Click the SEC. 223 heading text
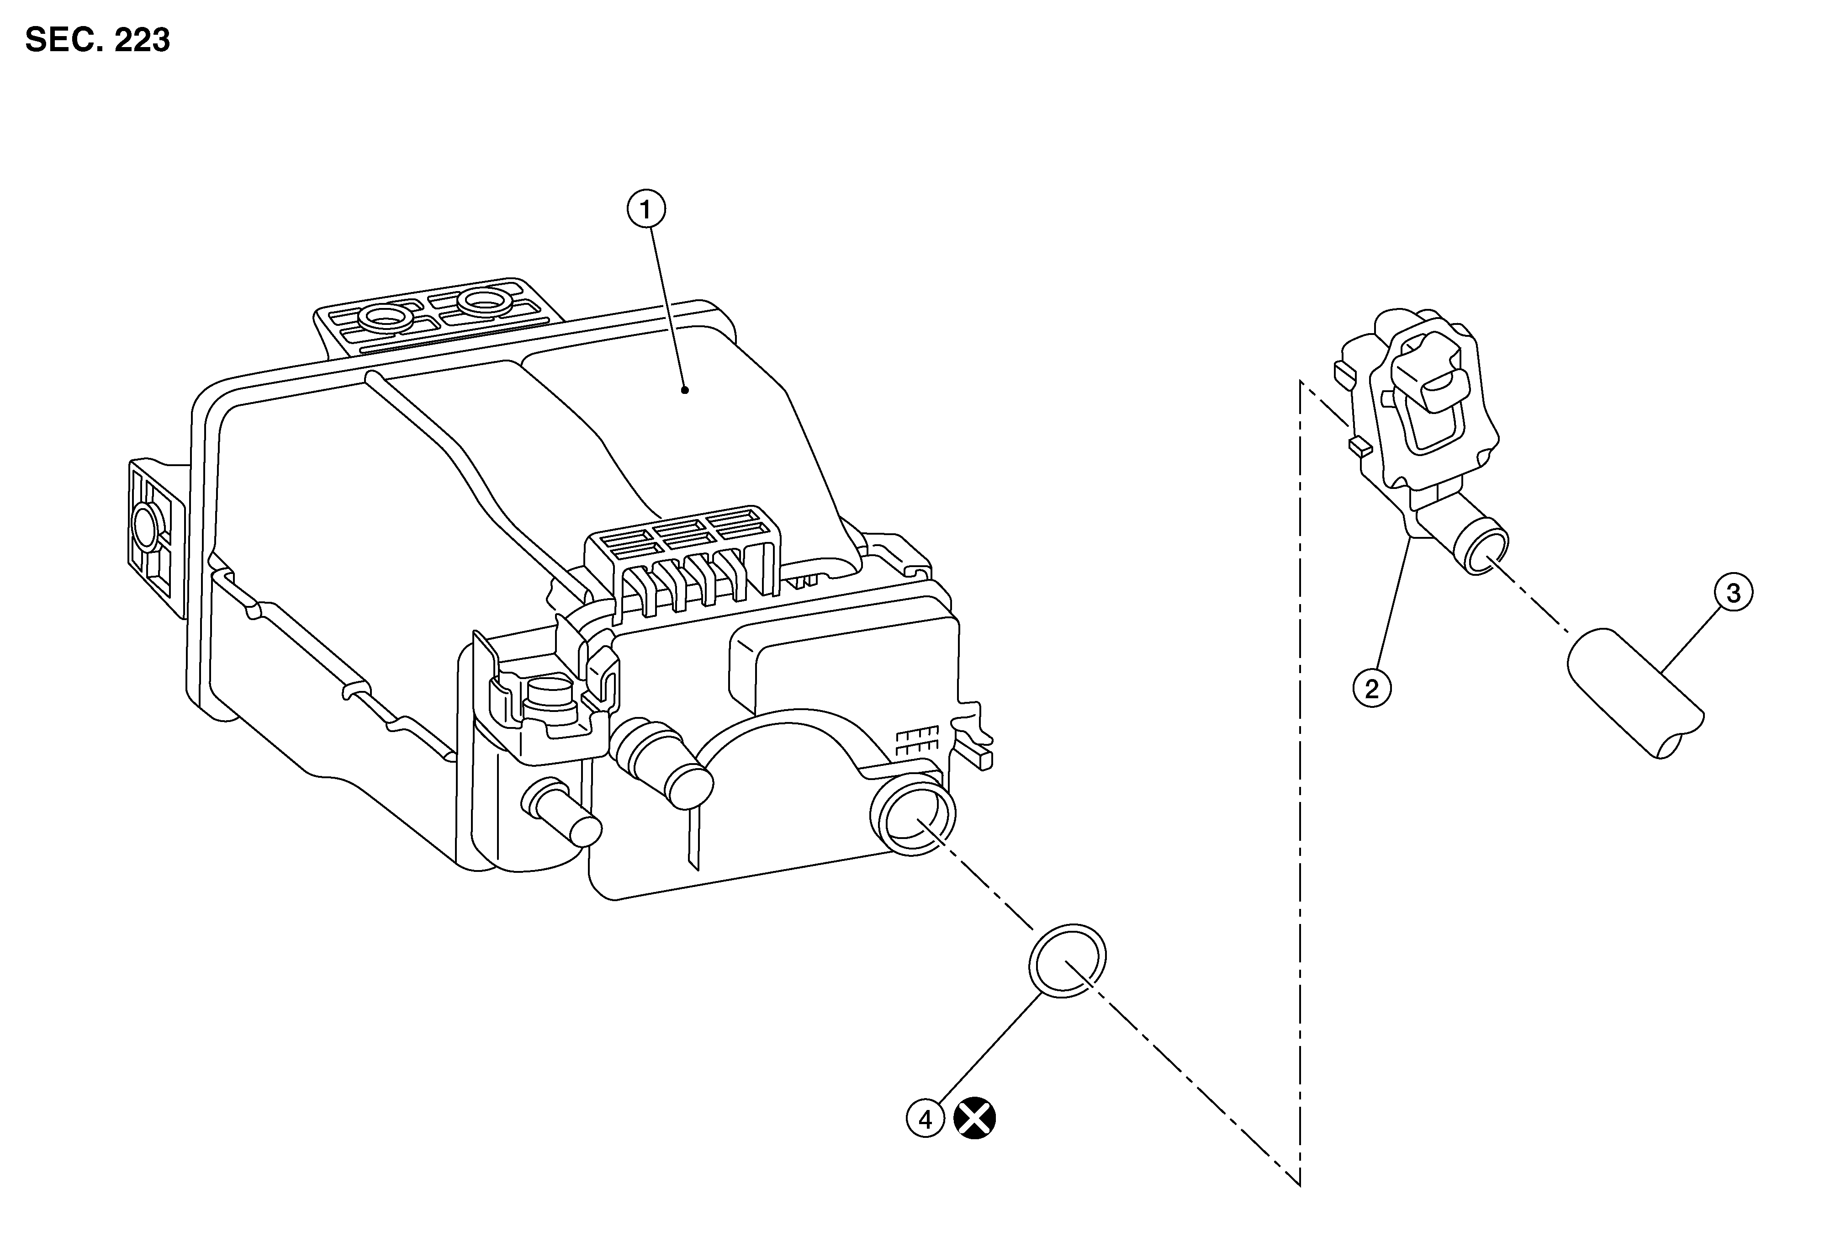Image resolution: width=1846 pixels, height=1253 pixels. click(x=98, y=40)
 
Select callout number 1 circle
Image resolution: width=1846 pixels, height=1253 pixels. click(x=646, y=210)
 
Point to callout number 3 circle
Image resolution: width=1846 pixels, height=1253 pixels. click(x=1733, y=593)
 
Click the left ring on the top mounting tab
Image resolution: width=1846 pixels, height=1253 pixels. click(x=385, y=319)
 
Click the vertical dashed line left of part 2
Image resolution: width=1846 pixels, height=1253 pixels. click(x=1300, y=783)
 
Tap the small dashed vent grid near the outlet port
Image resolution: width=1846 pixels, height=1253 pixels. click(x=917, y=741)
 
